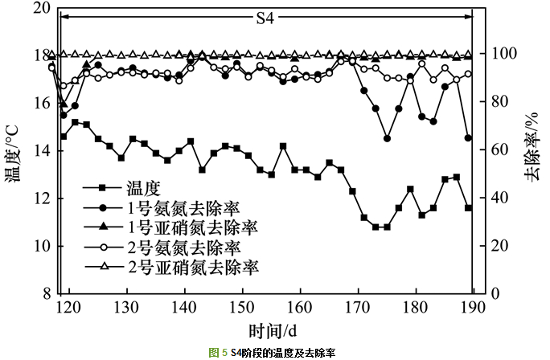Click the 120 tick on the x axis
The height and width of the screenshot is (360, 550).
click(x=69, y=306)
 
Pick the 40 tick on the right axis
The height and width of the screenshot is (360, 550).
click(x=489, y=198)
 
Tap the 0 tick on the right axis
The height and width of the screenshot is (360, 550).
click(x=485, y=293)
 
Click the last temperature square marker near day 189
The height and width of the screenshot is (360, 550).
click(x=468, y=207)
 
